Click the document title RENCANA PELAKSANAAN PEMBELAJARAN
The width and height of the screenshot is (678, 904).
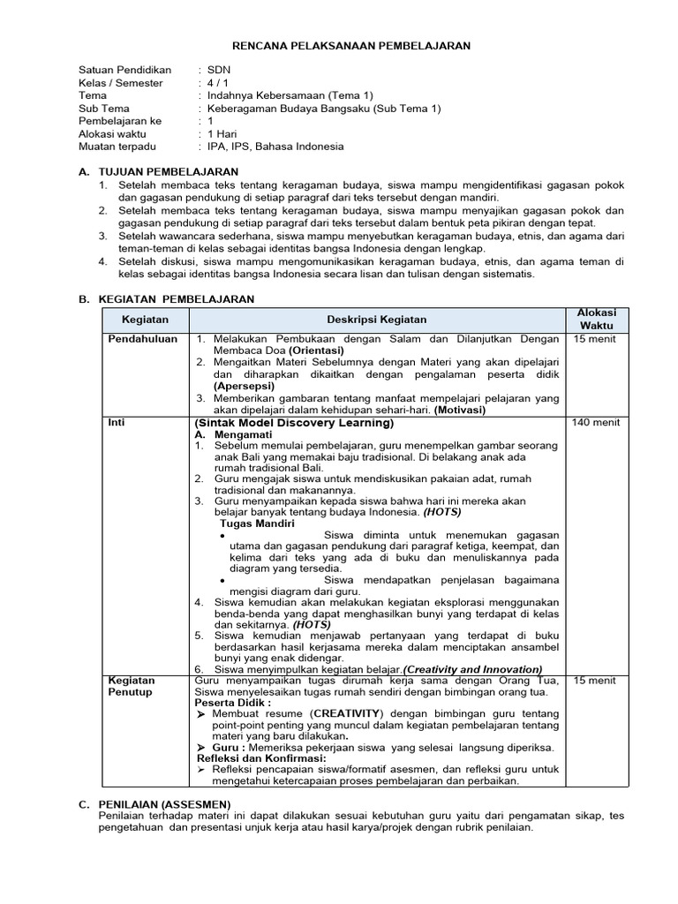click(351, 45)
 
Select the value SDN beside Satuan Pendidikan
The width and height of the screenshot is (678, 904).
click(219, 70)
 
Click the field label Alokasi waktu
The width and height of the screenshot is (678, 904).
click(117, 133)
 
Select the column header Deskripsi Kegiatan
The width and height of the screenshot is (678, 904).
click(378, 320)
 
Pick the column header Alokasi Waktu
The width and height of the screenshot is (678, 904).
click(597, 320)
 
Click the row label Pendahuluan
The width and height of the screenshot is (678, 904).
click(142, 339)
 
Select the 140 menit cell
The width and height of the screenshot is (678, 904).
click(596, 423)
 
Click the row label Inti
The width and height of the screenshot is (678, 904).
click(116, 423)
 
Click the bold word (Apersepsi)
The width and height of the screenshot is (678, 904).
click(244, 386)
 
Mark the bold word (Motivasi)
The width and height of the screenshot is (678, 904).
click(457, 410)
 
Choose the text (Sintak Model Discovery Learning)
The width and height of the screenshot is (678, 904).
click(293, 423)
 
